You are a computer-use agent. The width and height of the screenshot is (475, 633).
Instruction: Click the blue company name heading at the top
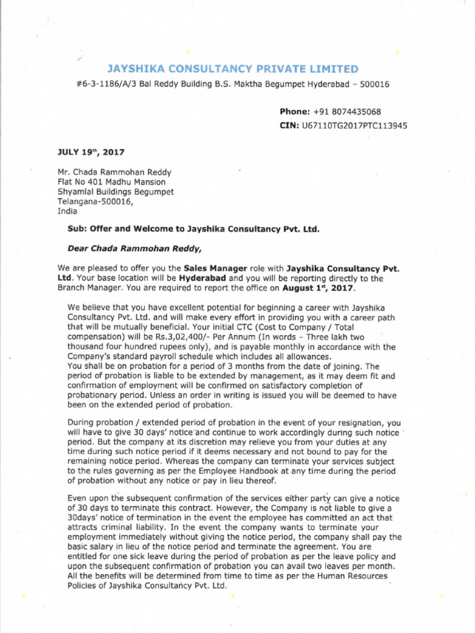pos(233,69)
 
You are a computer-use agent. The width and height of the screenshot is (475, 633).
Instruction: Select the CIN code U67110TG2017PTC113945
pos(354,125)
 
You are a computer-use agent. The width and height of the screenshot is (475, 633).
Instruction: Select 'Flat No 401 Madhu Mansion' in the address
pos(111,182)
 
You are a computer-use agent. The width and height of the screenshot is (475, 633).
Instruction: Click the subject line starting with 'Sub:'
pos(193,228)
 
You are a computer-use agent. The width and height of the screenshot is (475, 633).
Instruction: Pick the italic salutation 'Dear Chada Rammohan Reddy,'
pos(134,249)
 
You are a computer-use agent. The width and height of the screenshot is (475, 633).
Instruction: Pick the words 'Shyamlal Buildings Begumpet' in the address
pos(116,192)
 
